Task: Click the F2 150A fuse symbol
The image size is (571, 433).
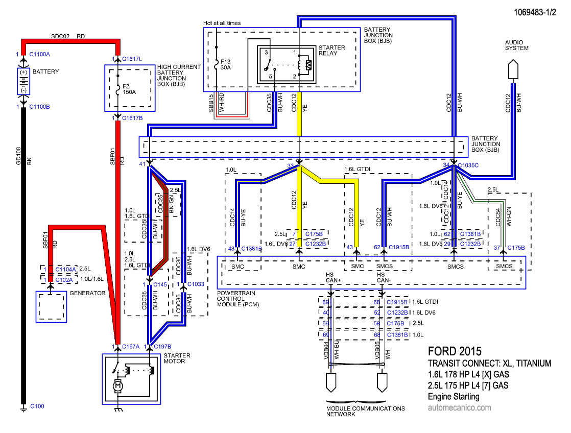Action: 117,89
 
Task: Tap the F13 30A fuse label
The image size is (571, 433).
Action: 225,64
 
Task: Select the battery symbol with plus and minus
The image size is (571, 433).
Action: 23,82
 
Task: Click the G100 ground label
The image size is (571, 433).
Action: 37,406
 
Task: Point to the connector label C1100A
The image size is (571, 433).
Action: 39,54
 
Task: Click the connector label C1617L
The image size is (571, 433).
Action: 132,59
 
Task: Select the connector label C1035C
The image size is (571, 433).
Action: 468,165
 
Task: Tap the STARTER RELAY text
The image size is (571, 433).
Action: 331,50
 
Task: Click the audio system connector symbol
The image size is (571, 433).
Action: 513,69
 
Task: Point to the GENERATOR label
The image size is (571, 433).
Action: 87,293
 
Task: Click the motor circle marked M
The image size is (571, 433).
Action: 117,386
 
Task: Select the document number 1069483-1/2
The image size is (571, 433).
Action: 535,12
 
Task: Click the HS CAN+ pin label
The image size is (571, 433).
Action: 333,277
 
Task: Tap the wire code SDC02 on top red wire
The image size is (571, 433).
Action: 60,36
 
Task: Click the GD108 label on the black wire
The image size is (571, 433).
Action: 18,156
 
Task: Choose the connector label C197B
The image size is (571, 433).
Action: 162,347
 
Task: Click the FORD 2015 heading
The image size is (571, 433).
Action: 455,351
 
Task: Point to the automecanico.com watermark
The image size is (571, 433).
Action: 459,407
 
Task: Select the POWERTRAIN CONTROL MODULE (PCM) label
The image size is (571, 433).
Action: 238,299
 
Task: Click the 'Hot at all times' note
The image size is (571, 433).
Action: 222,23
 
